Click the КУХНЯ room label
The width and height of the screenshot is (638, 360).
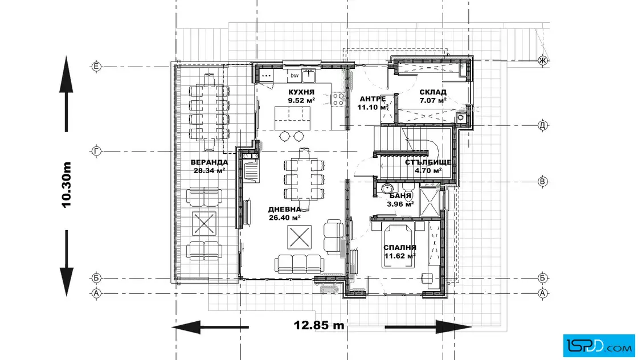[x=301, y=92]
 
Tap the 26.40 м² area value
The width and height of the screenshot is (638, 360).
[x=284, y=218]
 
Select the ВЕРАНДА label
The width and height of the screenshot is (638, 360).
[x=209, y=162]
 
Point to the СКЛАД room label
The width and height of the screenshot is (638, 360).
[x=433, y=92]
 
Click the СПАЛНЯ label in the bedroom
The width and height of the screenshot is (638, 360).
[x=399, y=247]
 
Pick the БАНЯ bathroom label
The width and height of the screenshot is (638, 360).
[x=400, y=195]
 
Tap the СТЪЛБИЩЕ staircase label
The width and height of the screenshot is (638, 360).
[x=428, y=162]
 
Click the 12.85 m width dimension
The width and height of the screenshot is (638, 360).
[x=319, y=325]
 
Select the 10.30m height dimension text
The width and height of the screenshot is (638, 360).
[x=66, y=185]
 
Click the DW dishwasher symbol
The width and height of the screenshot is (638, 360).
[x=294, y=76]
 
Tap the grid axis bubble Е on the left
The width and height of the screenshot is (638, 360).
[x=96, y=66]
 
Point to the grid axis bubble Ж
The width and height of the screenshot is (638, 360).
[x=542, y=60]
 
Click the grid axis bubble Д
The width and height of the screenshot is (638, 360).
[x=542, y=125]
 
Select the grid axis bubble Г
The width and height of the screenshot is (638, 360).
[x=96, y=151]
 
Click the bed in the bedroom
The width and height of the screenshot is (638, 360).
[x=398, y=246]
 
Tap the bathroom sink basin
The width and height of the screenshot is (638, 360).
[x=387, y=188]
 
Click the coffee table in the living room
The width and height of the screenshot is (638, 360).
[x=299, y=237]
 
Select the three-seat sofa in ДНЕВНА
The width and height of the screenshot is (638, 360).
[x=299, y=264]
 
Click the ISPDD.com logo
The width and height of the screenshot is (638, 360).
[x=599, y=346]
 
